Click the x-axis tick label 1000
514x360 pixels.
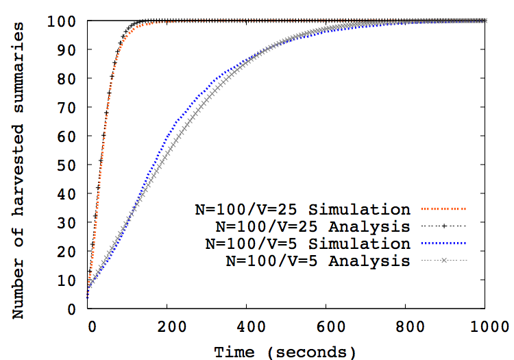486,326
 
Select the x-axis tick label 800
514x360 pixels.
406,326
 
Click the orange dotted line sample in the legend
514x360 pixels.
443,208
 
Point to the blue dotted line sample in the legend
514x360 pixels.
443,243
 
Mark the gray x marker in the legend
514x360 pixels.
443,261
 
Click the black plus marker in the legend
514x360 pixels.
443,226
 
